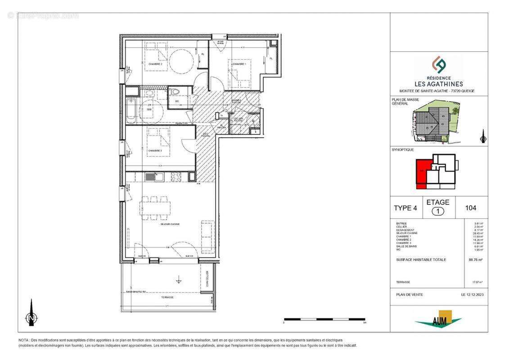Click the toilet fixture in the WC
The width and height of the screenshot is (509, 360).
[176, 92]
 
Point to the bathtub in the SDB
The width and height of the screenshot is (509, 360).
[131, 110]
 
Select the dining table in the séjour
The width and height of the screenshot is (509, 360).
[155, 207]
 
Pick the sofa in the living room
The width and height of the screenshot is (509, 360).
[207, 236]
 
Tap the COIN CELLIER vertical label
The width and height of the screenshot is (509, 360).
[207, 279]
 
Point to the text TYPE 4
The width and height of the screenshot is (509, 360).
[405, 208]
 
